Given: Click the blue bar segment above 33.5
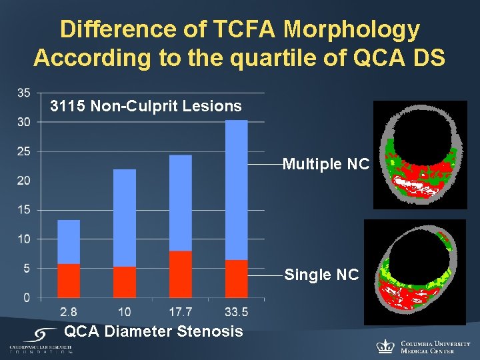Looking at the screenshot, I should point(236,190).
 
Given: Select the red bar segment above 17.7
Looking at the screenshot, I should point(181,274).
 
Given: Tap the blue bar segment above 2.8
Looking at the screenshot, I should point(69,241).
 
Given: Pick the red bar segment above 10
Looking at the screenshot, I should point(125,282).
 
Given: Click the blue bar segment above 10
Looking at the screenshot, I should point(125,218).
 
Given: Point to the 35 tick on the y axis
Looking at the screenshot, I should point(23,93).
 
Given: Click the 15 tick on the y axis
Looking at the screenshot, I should point(23,210).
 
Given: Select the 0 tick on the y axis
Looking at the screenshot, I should point(26,298).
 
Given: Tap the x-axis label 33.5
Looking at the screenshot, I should point(236,312).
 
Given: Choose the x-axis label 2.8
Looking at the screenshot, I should point(69,312).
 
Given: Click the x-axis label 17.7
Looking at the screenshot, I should point(181,312).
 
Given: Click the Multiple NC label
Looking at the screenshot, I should point(325,164).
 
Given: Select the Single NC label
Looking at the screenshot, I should point(321,275).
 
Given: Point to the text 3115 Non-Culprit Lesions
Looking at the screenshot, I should point(146,106).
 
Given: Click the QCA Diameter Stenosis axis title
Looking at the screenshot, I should point(153,331).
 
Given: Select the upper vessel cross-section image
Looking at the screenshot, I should point(420,155).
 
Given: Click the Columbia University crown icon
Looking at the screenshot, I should point(385,345).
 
